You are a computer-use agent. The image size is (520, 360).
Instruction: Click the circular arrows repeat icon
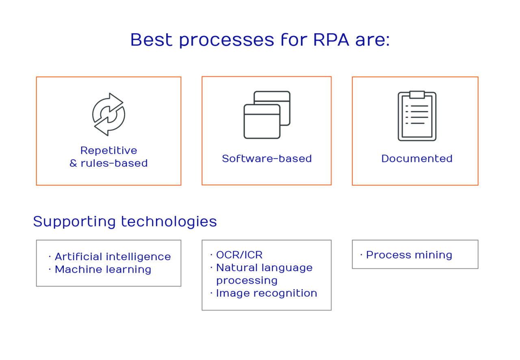[108, 114]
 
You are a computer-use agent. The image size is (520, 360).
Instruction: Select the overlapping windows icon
[267, 114]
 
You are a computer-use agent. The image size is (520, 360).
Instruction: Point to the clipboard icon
[417, 116]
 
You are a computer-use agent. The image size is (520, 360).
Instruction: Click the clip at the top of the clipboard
[417, 95]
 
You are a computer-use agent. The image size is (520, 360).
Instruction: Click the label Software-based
[267, 159]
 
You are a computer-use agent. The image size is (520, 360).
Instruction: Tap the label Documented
[417, 159]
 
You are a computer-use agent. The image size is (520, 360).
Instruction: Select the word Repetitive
[108, 151]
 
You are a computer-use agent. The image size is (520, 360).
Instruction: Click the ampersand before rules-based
[73, 164]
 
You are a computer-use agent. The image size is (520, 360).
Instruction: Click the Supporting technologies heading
[125, 222]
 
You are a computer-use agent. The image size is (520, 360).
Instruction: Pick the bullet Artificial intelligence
[113, 257]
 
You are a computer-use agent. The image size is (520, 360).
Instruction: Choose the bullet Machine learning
[103, 269]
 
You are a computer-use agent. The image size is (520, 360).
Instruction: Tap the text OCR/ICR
[239, 255]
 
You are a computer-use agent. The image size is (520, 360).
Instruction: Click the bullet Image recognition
[266, 293]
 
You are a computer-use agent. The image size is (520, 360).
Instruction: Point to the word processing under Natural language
[247, 281]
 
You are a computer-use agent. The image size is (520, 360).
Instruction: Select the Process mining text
[409, 255]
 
